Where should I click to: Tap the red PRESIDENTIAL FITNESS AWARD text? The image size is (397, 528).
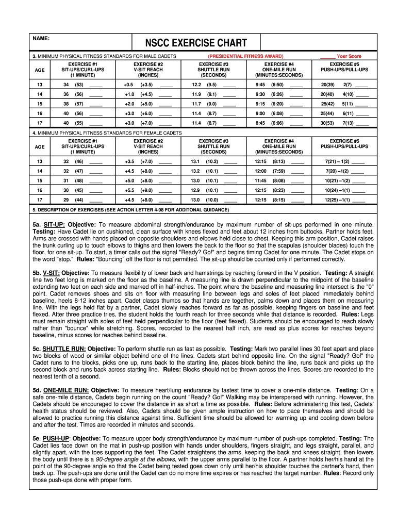point(245,56)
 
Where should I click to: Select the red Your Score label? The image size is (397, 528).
point(349,56)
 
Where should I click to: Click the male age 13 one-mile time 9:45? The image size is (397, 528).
point(260,85)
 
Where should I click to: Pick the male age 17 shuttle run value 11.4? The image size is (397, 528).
point(196,123)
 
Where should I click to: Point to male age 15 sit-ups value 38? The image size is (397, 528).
point(66,104)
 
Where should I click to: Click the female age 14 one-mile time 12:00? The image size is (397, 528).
point(260,171)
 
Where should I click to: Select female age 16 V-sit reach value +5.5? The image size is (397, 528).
point(129,190)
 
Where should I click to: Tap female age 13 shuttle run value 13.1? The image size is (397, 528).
point(195,161)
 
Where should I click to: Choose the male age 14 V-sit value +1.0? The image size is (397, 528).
point(129,94)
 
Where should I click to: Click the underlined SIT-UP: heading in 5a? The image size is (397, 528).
point(54,225)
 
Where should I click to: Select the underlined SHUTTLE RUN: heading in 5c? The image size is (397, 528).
point(64,349)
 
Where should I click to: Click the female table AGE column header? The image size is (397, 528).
point(39,146)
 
